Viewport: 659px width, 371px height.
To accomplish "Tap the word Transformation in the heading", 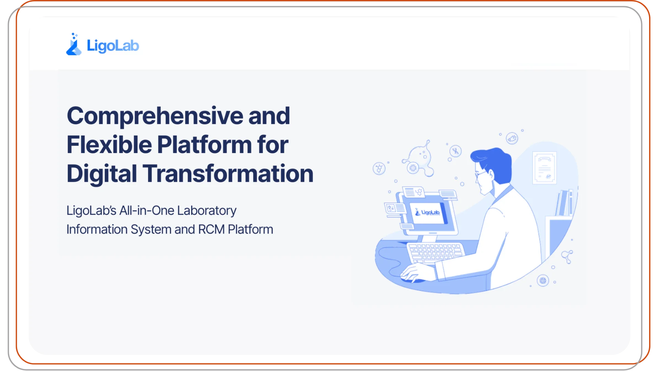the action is tap(228, 173).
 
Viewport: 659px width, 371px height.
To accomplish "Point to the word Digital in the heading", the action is tap(102, 174).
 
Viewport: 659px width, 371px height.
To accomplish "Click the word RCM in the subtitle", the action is tap(211, 229).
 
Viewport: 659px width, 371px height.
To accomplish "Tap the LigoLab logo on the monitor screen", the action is tap(427, 212).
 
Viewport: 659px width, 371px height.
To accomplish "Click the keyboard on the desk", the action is tap(435, 252).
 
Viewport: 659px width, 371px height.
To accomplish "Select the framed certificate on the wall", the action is tap(544, 168).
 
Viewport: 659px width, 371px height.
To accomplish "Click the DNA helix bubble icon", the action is tap(455, 151).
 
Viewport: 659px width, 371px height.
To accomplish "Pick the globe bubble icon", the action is tap(543, 281).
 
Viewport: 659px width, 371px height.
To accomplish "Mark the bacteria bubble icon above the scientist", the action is tap(512, 138).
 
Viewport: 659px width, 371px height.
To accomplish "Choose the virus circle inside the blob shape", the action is tap(413, 168).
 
